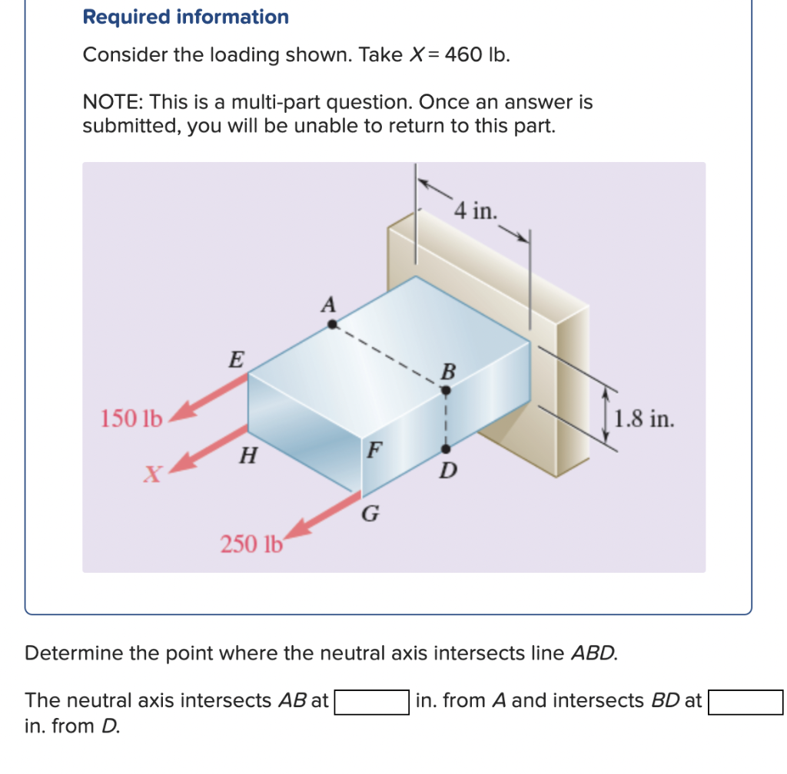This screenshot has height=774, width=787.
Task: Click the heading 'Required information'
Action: click(186, 17)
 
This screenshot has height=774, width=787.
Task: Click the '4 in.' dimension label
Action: click(475, 210)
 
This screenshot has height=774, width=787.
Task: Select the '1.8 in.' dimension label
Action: click(645, 419)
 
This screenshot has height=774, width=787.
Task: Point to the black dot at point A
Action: click(332, 324)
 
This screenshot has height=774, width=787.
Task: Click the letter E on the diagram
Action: click(236, 359)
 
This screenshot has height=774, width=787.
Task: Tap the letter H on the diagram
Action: click(247, 456)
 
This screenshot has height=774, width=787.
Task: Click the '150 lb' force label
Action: click(131, 419)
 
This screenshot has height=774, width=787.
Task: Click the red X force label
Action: click(152, 475)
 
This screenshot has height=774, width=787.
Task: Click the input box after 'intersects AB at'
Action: click(370, 702)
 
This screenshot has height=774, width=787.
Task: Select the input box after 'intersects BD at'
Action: click(745, 702)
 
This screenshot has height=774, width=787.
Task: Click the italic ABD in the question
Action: click(593, 653)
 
